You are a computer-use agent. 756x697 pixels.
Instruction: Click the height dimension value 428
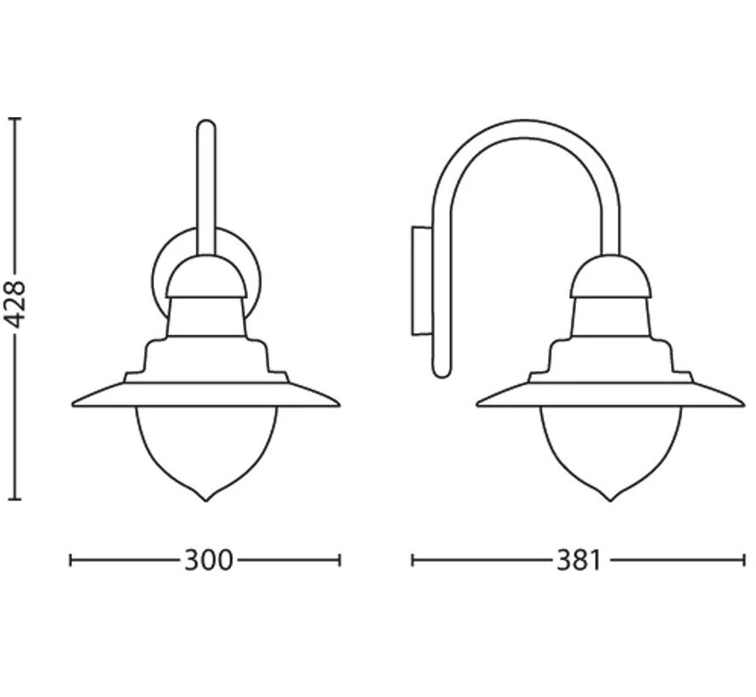19,307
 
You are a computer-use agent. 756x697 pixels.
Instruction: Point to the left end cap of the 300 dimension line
71,560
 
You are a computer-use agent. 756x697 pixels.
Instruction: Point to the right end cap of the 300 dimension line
340,560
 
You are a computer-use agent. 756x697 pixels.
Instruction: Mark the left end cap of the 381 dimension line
412,560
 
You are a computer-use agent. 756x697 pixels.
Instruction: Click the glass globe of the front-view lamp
206,446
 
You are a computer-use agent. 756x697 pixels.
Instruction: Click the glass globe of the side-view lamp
611,446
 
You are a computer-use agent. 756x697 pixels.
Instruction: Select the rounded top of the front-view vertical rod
206,125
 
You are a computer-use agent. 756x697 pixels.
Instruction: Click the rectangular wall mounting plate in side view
421,280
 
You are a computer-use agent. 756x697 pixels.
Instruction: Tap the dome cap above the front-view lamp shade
206,276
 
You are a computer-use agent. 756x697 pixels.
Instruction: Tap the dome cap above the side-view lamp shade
611,276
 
